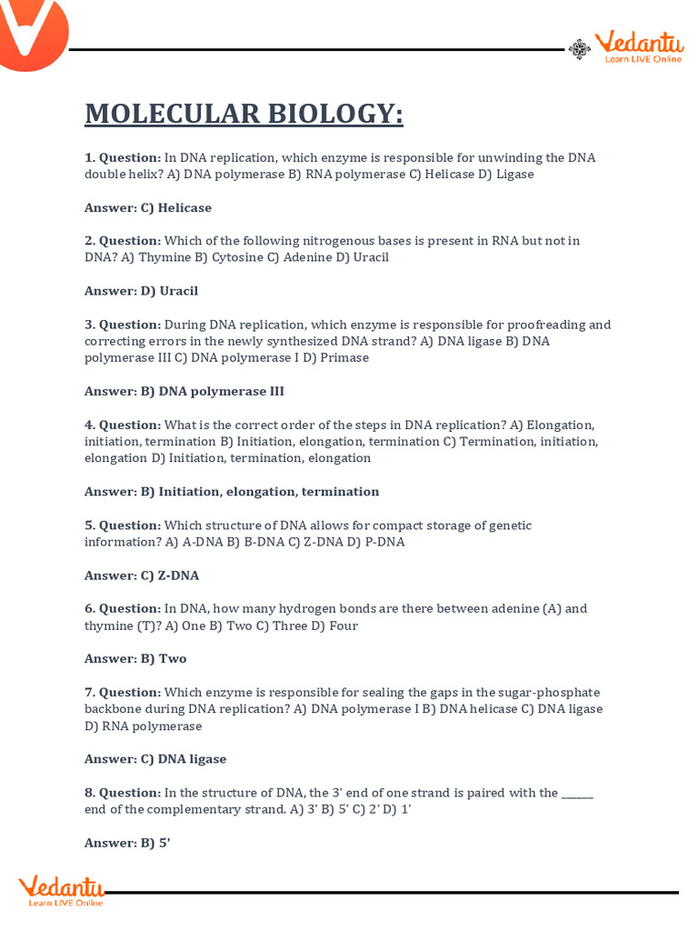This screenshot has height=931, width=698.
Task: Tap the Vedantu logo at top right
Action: pos(637,47)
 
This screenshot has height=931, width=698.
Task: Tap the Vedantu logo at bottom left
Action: pos(62,890)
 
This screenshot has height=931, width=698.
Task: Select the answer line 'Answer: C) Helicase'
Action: pos(148,207)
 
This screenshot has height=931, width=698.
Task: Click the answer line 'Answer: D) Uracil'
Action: pos(141,291)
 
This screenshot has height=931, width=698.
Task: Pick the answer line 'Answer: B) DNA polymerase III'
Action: pos(184,391)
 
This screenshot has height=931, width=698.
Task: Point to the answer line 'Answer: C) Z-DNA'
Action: pos(142,576)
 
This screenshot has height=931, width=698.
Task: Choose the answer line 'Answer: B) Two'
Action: pos(135,658)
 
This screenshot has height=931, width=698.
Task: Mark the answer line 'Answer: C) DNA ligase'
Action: pos(155,758)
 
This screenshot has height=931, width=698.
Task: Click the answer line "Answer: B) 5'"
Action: pos(127,843)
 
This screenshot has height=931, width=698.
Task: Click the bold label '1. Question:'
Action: pos(123,157)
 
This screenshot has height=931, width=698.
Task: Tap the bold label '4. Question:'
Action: pos(123,425)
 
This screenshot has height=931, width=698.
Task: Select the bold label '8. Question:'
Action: pos(123,792)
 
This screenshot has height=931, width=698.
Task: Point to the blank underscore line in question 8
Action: pos(577,794)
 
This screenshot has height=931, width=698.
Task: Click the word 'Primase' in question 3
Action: pos(344,357)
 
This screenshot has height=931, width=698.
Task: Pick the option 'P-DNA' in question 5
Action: pos(384,542)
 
